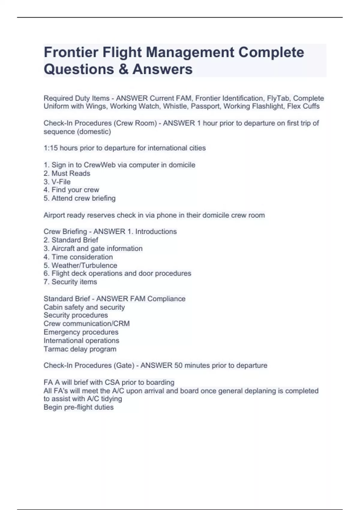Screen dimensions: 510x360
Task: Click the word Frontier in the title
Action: coord(71,52)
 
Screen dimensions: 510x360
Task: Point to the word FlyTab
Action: coord(278,98)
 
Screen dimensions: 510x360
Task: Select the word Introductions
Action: coord(156,232)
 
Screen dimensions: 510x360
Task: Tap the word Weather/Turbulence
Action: coord(84,265)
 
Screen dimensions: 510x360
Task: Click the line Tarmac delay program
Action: coord(80,349)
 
